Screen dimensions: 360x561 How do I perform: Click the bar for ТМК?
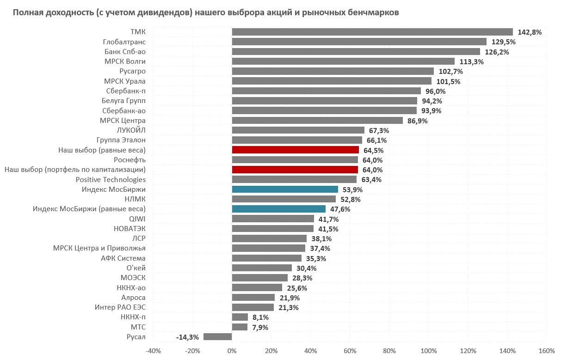click(x=372, y=32)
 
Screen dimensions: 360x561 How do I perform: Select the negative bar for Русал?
click(x=218, y=337)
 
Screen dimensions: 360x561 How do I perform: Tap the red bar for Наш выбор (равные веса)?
click(x=295, y=150)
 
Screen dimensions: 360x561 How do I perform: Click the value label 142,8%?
click(x=530, y=32)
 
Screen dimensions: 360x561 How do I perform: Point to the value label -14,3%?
click(x=187, y=337)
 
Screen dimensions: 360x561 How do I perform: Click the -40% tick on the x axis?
click(x=153, y=350)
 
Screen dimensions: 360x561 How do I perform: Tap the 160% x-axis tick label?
click(x=547, y=350)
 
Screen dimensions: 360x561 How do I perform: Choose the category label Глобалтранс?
click(x=124, y=42)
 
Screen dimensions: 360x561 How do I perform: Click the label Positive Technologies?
click(x=111, y=180)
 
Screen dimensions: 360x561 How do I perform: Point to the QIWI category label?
click(x=137, y=219)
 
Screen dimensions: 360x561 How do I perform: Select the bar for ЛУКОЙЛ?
click(x=298, y=130)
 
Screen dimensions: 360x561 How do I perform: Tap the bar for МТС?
click(x=240, y=327)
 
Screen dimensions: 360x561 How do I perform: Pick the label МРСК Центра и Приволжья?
click(x=99, y=249)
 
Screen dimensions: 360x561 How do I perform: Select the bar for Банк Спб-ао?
click(x=356, y=52)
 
